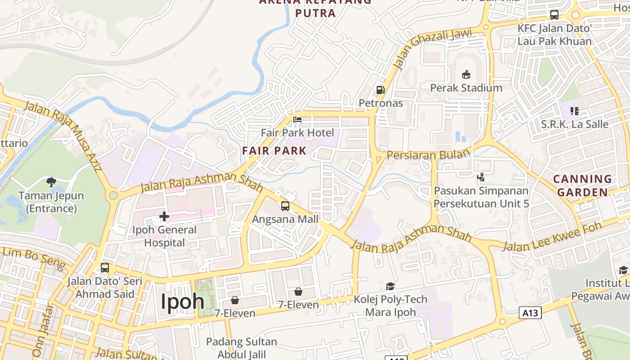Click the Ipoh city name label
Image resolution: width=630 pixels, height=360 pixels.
[x=182, y=301]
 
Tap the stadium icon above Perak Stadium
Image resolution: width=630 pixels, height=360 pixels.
[x=466, y=74]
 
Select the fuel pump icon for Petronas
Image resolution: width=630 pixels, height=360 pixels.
[x=380, y=90]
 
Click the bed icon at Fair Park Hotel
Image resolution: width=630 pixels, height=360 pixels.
[x=297, y=120]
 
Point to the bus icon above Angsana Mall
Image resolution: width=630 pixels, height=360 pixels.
[x=285, y=206]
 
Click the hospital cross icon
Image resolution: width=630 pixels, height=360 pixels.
[x=164, y=217]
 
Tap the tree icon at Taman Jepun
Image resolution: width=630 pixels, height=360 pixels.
[x=51, y=182]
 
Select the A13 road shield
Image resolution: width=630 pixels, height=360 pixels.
[x=530, y=313]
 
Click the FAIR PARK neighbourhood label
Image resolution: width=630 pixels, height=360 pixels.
[x=274, y=151]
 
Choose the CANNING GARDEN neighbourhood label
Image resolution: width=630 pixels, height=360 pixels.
[x=582, y=185]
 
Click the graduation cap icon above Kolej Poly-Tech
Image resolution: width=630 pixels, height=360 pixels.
[x=390, y=286]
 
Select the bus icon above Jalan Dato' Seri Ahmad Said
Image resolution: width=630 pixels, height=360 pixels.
[x=105, y=268]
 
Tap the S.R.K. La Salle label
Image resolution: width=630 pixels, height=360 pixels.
[x=575, y=124]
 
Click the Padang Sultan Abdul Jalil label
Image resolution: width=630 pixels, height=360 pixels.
[x=241, y=348]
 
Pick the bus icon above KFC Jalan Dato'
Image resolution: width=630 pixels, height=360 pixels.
[x=554, y=15]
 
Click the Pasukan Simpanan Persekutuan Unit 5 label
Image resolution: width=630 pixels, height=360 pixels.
[x=481, y=197]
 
